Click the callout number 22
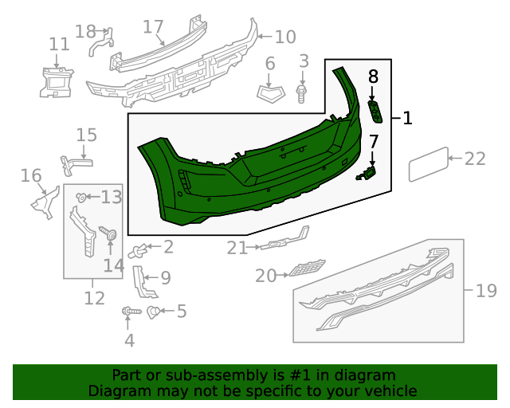click(475, 159)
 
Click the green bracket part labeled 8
click(375, 113)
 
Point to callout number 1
click(407, 119)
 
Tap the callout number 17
click(153, 26)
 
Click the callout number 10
click(284, 37)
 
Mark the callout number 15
click(86, 135)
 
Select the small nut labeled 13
click(81, 196)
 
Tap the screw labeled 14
click(109, 234)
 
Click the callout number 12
click(94, 299)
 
